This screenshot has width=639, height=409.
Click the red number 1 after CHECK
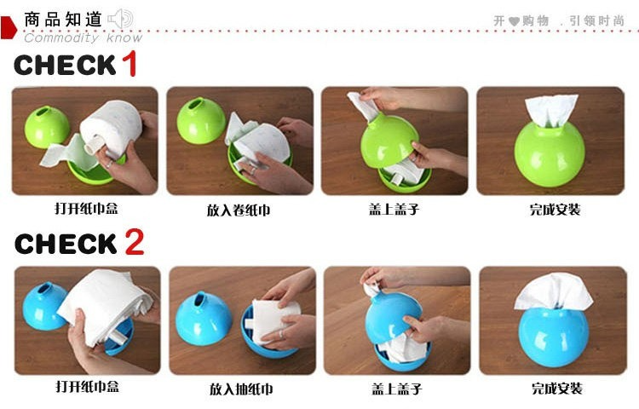[x=130, y=64]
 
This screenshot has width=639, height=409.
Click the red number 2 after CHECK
[x=134, y=242]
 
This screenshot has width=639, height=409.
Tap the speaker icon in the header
[x=120, y=19]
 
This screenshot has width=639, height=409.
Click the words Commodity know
[x=83, y=37]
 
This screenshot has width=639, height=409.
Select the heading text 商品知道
[x=63, y=20]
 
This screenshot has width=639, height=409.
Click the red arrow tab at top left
[x=9, y=28]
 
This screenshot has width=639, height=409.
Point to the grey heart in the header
[x=515, y=21]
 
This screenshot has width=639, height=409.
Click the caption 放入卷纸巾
[x=239, y=210]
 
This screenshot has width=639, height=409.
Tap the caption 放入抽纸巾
[x=241, y=389]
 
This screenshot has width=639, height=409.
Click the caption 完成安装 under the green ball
[x=555, y=210]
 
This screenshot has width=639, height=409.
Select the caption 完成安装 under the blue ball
[x=557, y=389]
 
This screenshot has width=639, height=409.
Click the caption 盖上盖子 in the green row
[x=394, y=210]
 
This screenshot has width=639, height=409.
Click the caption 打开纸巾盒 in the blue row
[x=88, y=386]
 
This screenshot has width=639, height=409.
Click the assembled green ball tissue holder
[x=549, y=154]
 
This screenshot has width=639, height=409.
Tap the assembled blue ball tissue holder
[x=554, y=337]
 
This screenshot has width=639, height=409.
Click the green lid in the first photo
[x=47, y=127]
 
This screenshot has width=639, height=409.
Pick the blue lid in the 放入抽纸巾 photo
[x=204, y=320]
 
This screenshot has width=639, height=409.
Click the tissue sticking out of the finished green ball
[x=552, y=110]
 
